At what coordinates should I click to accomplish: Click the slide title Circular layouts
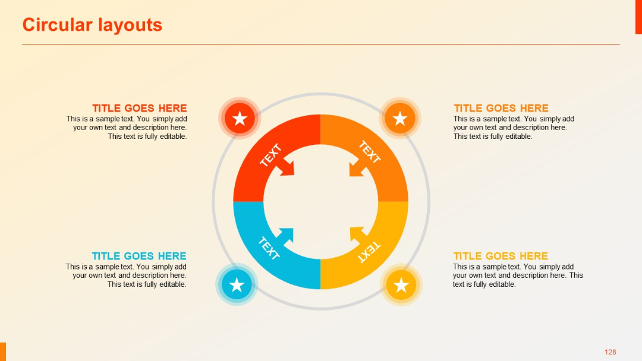click(92, 25)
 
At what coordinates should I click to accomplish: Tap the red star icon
click(240, 119)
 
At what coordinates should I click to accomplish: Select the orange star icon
click(400, 119)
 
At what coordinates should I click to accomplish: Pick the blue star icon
click(237, 284)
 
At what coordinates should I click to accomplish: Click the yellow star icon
click(401, 285)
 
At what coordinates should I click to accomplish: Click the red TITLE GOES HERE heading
click(139, 108)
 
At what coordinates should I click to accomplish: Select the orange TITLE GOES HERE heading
click(501, 108)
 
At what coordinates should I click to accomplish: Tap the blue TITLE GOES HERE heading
click(139, 256)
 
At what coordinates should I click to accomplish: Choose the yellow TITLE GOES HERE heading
click(501, 256)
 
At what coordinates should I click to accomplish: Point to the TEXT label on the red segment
click(270, 155)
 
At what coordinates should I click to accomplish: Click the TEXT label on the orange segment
click(369, 152)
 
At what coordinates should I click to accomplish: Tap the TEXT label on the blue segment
click(269, 248)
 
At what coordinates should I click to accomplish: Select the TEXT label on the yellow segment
click(369, 252)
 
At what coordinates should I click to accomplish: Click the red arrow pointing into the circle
click(288, 167)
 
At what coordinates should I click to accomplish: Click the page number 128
click(610, 352)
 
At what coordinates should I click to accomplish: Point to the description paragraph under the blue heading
click(126, 275)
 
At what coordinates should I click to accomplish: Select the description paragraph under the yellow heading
click(518, 275)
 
